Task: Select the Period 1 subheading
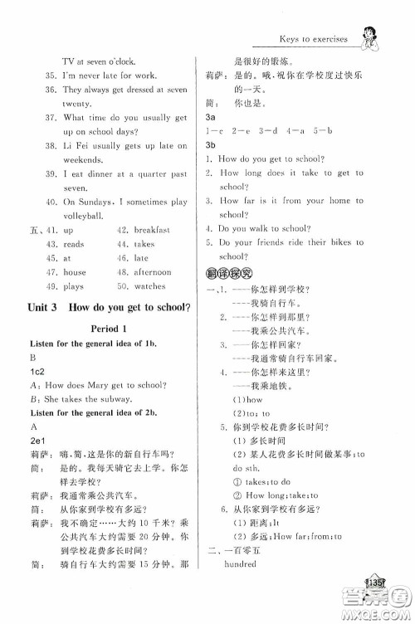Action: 106,327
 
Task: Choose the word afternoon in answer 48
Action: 152,272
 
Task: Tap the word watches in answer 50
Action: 149,286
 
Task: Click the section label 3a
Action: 211,119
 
